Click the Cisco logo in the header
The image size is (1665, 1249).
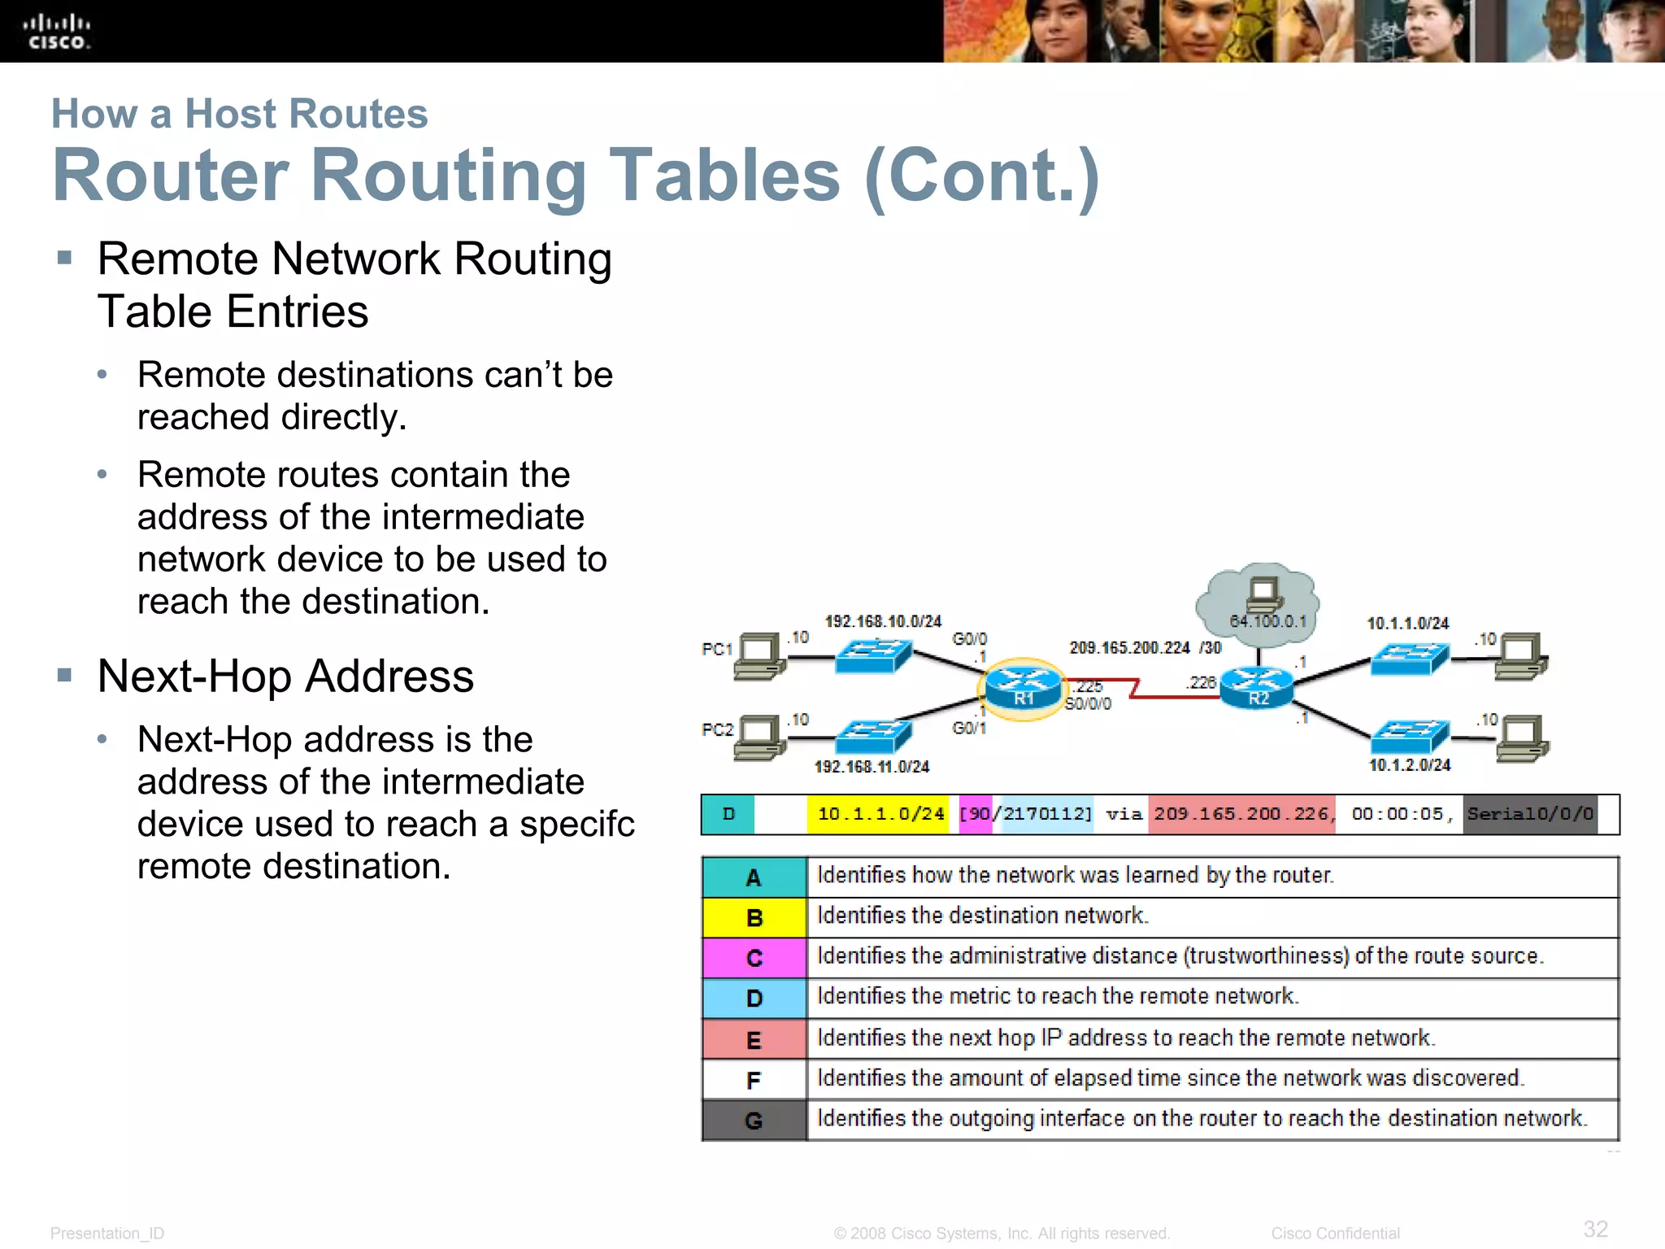click(x=56, y=32)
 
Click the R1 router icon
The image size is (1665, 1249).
click(x=1023, y=688)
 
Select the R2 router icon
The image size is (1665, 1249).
click(x=1257, y=688)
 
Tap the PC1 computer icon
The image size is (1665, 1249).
click(x=759, y=655)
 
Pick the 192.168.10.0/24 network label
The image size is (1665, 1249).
click(x=883, y=621)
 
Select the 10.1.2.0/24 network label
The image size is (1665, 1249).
click(x=1409, y=765)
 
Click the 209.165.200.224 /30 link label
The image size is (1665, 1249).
click(x=1145, y=648)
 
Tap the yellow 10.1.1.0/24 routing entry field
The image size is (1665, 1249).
click(x=880, y=814)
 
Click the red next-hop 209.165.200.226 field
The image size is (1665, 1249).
click(x=1241, y=814)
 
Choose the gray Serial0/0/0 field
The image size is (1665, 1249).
click(x=1530, y=814)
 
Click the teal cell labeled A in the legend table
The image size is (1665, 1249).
click(x=754, y=877)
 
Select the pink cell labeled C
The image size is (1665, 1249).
click(x=754, y=958)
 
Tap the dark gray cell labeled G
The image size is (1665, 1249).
click(x=754, y=1121)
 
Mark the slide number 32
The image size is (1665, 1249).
click(x=1595, y=1229)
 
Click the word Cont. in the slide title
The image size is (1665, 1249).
click(x=982, y=176)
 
